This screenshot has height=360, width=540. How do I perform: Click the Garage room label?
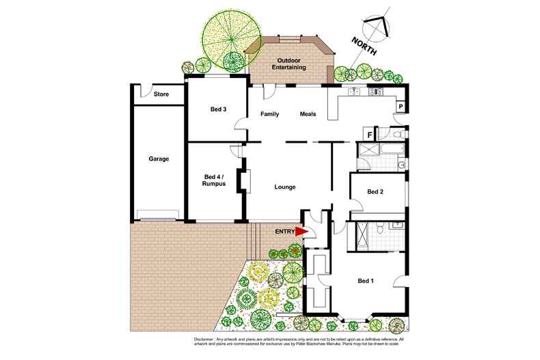click(x=159, y=159)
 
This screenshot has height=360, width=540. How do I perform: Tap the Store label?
click(x=161, y=94)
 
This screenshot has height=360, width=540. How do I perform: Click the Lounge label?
click(x=284, y=186)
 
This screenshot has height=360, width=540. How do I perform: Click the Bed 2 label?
click(x=375, y=192)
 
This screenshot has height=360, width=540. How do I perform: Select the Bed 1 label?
click(x=366, y=281)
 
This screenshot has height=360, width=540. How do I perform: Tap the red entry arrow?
click(x=301, y=232)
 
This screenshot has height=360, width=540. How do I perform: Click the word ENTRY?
click(x=284, y=232)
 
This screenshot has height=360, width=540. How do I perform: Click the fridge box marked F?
click(x=369, y=135)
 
